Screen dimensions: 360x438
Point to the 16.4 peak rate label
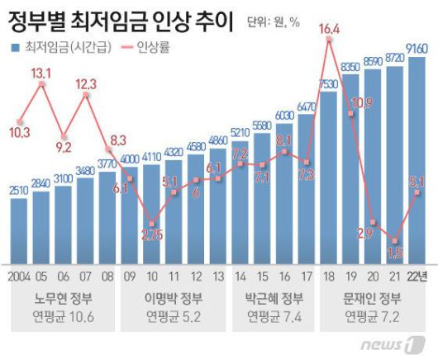tap(328, 30)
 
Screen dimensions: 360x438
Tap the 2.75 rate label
tap(150, 235)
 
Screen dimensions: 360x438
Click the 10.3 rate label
tap(18, 131)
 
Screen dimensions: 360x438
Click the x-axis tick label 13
tap(217, 275)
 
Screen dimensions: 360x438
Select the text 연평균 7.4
tap(269, 316)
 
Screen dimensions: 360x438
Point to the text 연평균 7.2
tap(373, 316)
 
